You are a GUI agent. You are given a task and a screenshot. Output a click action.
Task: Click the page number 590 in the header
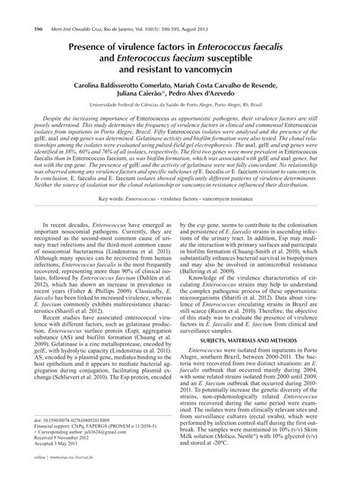tap(17, 7)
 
